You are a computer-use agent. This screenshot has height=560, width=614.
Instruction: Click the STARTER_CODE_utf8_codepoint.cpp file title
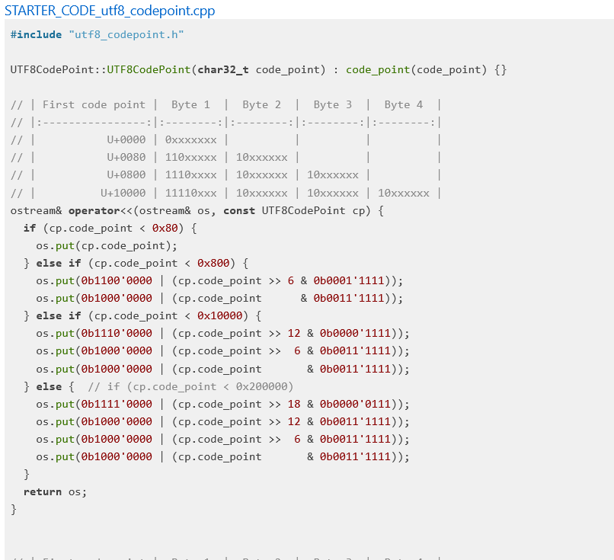tap(110, 11)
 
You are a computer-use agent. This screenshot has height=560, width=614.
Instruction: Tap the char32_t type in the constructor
tap(223, 69)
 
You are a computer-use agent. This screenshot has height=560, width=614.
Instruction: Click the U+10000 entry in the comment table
tap(123, 193)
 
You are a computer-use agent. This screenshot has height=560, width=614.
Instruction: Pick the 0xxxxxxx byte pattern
tap(190, 139)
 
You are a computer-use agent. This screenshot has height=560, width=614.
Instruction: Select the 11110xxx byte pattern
tap(190, 193)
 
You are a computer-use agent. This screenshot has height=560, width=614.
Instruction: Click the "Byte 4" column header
tap(403, 104)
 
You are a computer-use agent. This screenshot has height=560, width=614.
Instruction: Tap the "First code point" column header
tap(94, 104)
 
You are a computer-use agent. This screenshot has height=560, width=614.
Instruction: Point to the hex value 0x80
tap(165, 228)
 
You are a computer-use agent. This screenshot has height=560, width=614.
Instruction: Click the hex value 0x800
tap(213, 264)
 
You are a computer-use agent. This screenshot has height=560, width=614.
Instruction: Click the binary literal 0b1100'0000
tap(117, 280)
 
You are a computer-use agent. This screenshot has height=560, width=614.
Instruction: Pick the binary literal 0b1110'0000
tap(117, 333)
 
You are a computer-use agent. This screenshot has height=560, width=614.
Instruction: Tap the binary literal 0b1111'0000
tap(117, 404)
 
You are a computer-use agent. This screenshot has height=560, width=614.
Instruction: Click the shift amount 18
tap(294, 404)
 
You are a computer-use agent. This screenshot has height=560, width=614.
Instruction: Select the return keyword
tap(43, 491)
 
